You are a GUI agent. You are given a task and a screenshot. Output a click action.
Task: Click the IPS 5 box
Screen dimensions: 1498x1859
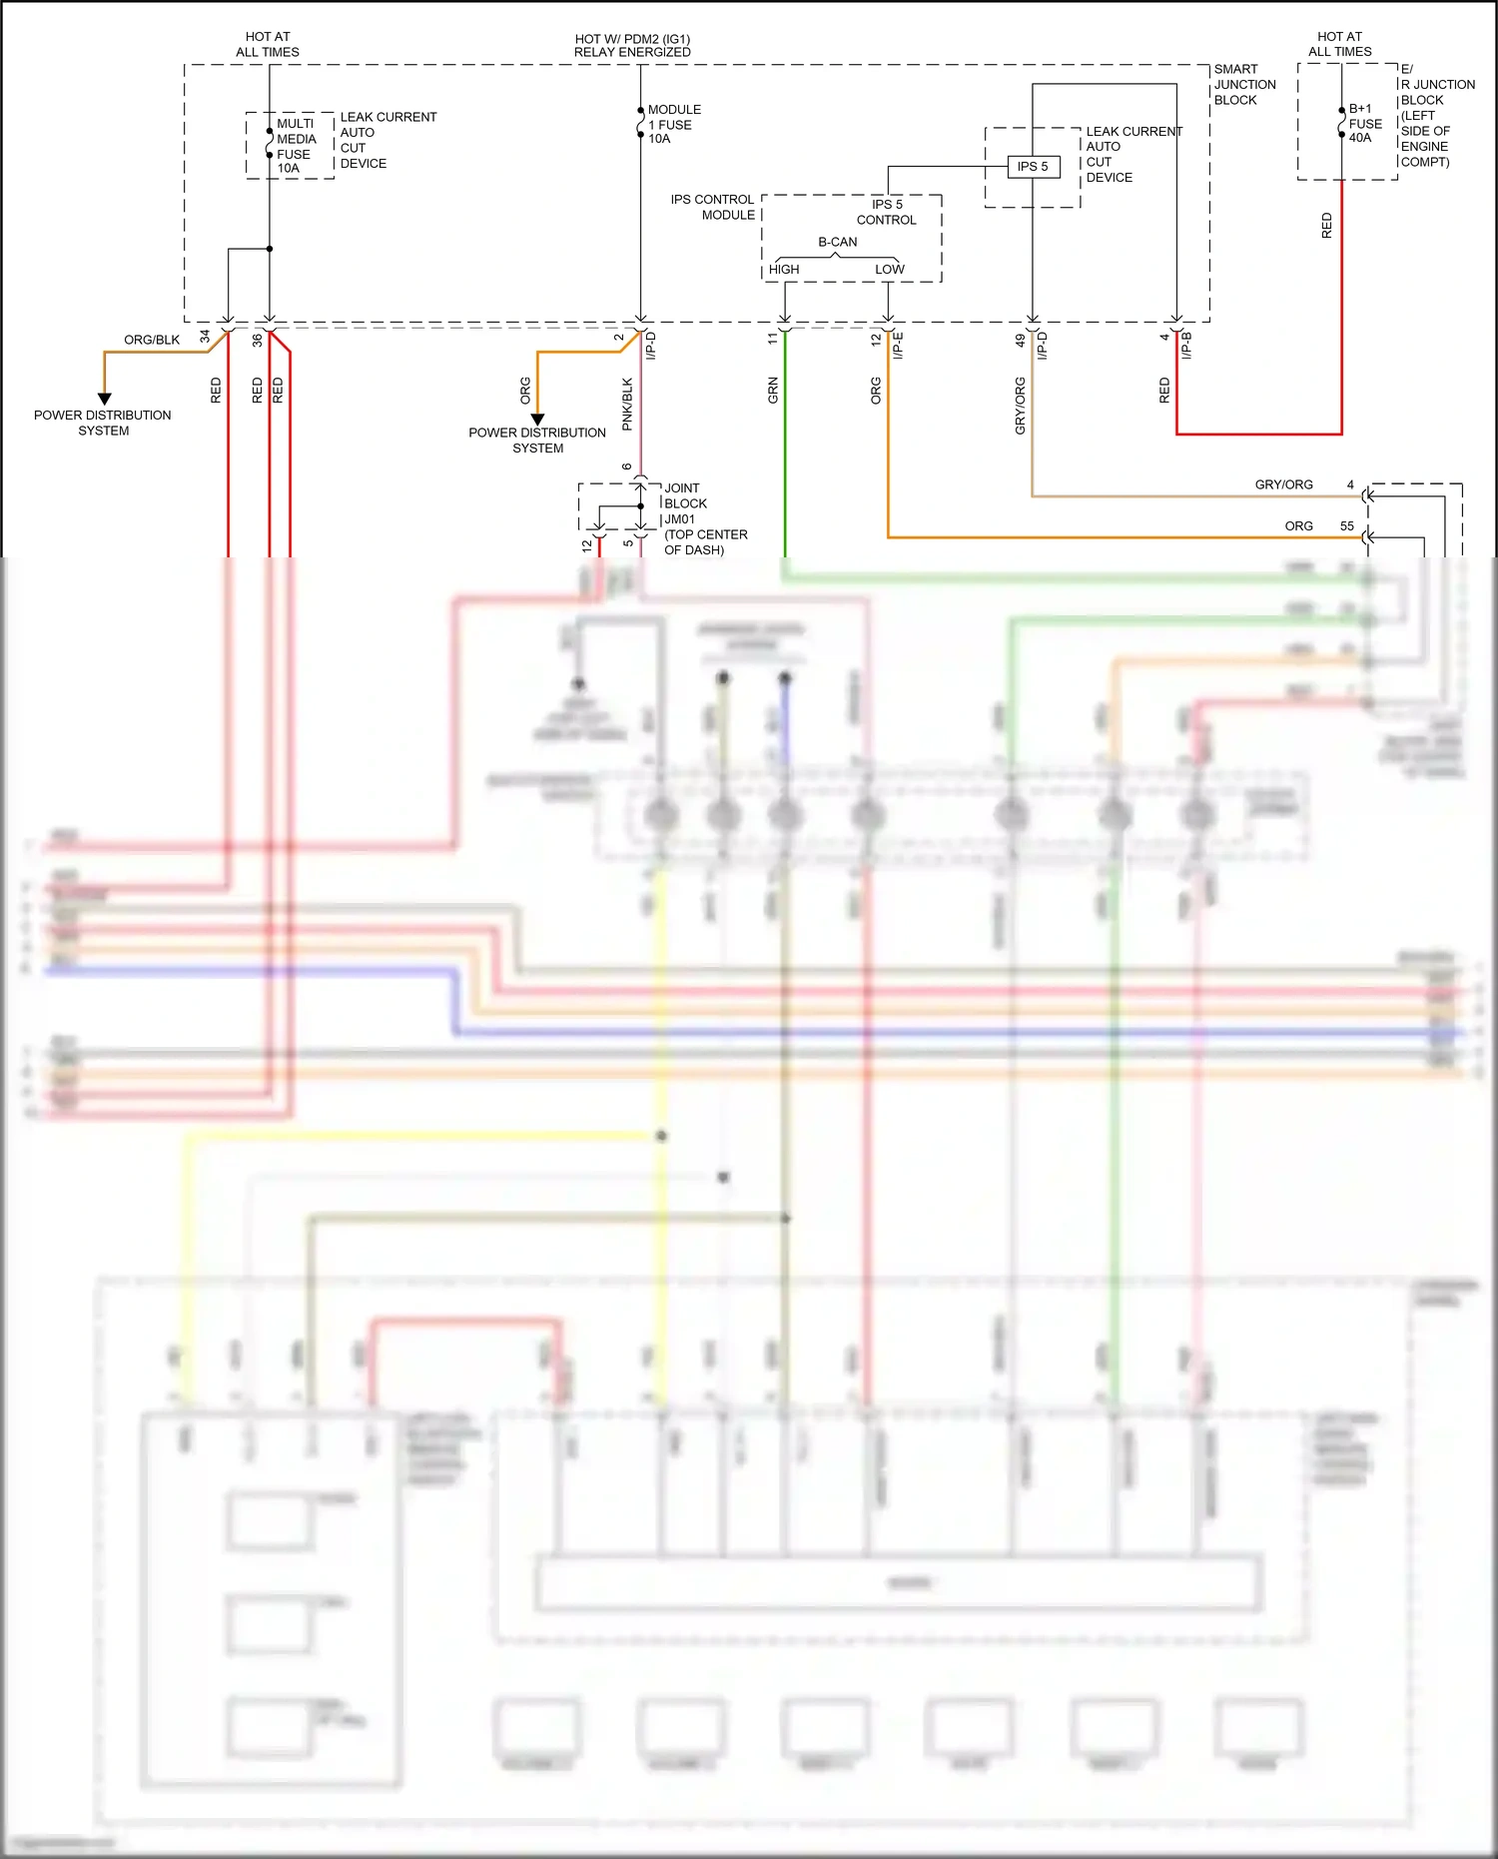pos(1032,167)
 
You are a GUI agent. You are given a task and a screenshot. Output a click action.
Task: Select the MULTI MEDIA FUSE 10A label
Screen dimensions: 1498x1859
pos(296,146)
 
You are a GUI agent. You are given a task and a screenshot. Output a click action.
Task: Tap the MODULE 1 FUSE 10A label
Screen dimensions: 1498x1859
pos(674,124)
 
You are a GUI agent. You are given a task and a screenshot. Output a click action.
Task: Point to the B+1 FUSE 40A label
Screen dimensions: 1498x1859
pos(1365,123)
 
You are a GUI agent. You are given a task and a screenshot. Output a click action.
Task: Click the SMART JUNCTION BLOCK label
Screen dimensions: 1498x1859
pos(1244,85)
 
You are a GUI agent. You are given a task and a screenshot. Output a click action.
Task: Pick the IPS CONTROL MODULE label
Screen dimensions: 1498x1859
pos(712,207)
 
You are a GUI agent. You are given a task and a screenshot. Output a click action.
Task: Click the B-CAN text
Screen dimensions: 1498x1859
pos(837,242)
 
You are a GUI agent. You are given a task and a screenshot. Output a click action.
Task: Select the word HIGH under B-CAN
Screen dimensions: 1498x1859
pos(784,270)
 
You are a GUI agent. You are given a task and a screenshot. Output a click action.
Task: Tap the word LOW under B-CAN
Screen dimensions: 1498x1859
pos(889,270)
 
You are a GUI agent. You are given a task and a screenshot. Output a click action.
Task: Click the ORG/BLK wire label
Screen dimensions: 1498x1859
pos(152,340)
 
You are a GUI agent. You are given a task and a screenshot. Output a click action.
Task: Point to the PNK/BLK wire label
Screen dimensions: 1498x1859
pos(627,404)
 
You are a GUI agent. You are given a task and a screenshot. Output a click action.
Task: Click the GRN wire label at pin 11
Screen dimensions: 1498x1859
pos(773,391)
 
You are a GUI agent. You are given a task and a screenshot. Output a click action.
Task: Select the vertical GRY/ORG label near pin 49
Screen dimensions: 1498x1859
pos(1020,406)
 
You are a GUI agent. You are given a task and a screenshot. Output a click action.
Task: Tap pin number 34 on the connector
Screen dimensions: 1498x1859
pos(206,337)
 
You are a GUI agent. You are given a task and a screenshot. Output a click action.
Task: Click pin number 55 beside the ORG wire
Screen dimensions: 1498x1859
pos(1346,526)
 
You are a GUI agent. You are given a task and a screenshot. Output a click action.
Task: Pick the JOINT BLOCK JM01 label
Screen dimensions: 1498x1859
pos(685,503)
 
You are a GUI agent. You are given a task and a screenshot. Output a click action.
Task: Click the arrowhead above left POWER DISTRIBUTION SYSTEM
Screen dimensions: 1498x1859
pos(104,399)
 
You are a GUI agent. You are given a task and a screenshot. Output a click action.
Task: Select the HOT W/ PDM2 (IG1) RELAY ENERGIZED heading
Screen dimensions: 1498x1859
pos(632,46)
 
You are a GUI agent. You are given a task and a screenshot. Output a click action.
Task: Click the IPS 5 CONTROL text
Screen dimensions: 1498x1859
pos(886,212)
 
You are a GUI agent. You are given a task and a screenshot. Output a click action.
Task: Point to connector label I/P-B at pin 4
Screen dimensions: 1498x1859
pos(1186,346)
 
